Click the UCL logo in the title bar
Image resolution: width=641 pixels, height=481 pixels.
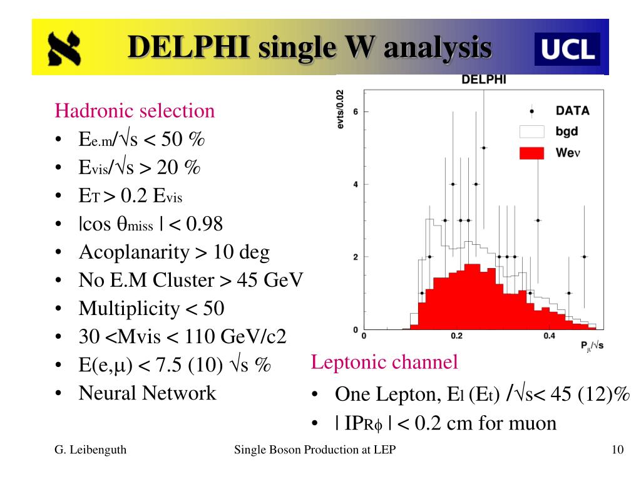[x=567, y=49]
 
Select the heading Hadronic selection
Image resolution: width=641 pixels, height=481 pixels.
[x=135, y=111]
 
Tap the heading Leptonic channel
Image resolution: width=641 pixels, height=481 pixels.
[x=384, y=361]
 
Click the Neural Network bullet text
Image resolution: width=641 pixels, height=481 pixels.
[x=147, y=393]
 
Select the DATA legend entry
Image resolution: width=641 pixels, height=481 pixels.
[x=572, y=111]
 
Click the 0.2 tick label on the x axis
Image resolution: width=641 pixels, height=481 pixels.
[x=456, y=336]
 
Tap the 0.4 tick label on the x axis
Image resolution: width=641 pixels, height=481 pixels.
[x=549, y=336]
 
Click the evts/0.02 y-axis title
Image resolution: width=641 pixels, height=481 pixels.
[x=341, y=110]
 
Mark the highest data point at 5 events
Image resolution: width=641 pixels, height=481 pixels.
[x=483, y=148]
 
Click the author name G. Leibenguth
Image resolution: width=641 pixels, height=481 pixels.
[x=90, y=450]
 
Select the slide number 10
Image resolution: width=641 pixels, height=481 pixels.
[x=617, y=450]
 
